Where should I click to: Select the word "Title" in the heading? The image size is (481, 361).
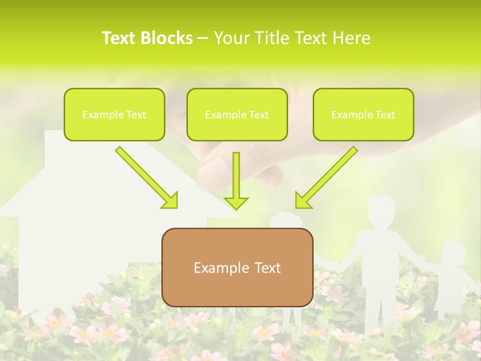(x=270, y=38)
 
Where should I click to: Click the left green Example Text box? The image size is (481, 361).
(x=114, y=114)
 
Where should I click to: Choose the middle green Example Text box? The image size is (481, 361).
(x=237, y=114)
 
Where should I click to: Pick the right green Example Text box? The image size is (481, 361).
(x=363, y=114)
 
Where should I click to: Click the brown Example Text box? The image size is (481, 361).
(x=237, y=267)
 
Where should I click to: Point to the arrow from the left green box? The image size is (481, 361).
(x=146, y=177)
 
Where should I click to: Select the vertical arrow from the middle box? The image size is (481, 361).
(x=236, y=175)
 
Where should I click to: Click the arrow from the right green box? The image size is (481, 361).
(x=326, y=177)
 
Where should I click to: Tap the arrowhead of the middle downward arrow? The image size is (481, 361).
(x=236, y=203)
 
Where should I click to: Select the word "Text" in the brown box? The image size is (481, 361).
(x=267, y=268)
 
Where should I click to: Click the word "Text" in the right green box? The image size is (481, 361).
(x=385, y=115)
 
